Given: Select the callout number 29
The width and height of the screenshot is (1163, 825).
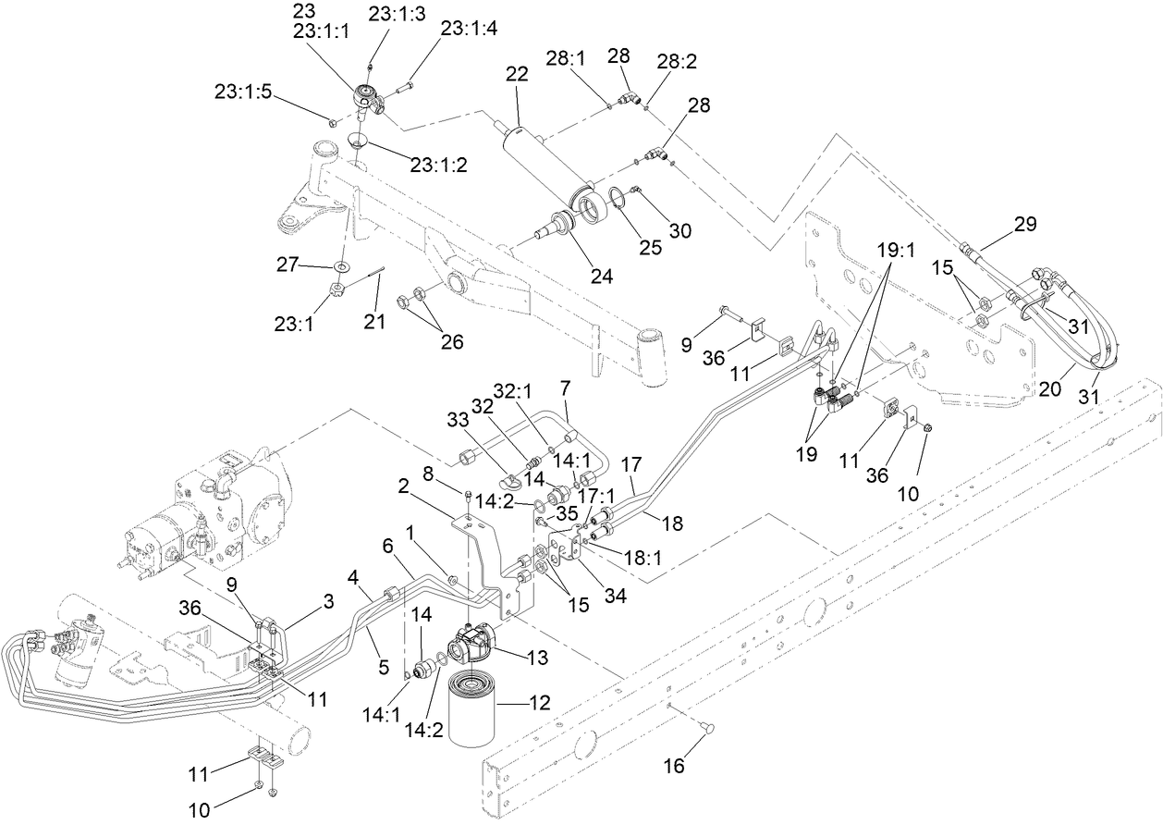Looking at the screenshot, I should [x=1024, y=224].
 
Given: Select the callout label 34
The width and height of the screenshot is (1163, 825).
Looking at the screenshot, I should [x=614, y=597].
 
